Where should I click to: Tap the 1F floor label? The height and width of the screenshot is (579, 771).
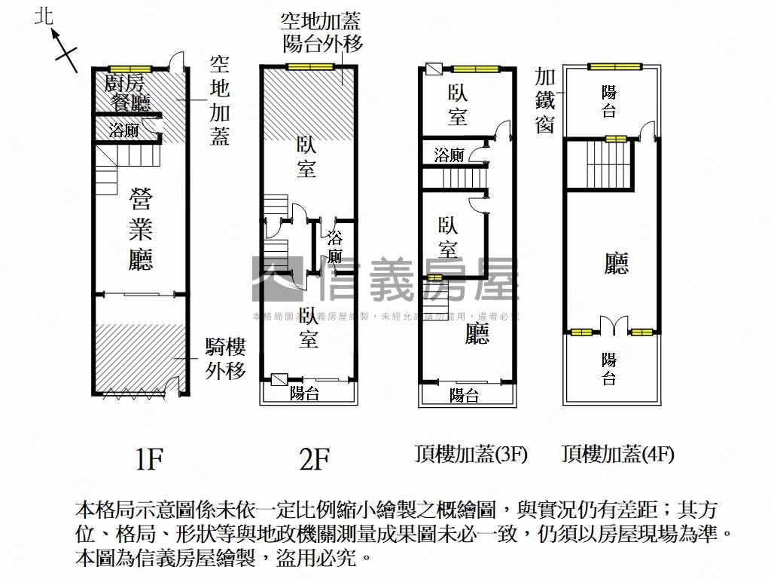pos(148,458)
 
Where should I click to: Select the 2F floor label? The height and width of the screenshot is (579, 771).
pos(313,458)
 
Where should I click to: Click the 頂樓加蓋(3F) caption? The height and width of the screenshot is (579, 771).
pos(471,454)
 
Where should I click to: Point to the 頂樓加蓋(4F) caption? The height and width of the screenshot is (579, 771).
pos(617,454)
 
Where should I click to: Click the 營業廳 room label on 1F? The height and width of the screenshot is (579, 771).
pos(141,229)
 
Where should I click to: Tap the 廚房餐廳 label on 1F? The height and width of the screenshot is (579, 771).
pos(128,91)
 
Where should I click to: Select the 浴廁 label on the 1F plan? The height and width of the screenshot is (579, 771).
pos(123,130)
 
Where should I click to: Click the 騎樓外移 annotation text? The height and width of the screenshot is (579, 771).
pos(225,358)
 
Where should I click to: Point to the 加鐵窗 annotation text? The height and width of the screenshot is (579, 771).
pos(546,100)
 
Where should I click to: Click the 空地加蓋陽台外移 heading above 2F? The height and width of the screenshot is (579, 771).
pos(322,32)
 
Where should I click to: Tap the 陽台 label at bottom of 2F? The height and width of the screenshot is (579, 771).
pos(305,393)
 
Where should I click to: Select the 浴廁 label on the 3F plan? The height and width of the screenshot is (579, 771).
pos(449,155)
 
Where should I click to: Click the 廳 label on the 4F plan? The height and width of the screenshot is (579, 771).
pos(617,263)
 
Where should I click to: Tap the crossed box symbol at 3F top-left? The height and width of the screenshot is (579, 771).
pos(434,70)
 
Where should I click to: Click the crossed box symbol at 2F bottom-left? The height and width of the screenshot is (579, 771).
pos(278,381)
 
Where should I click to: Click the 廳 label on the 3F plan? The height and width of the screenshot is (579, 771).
pos(476,333)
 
